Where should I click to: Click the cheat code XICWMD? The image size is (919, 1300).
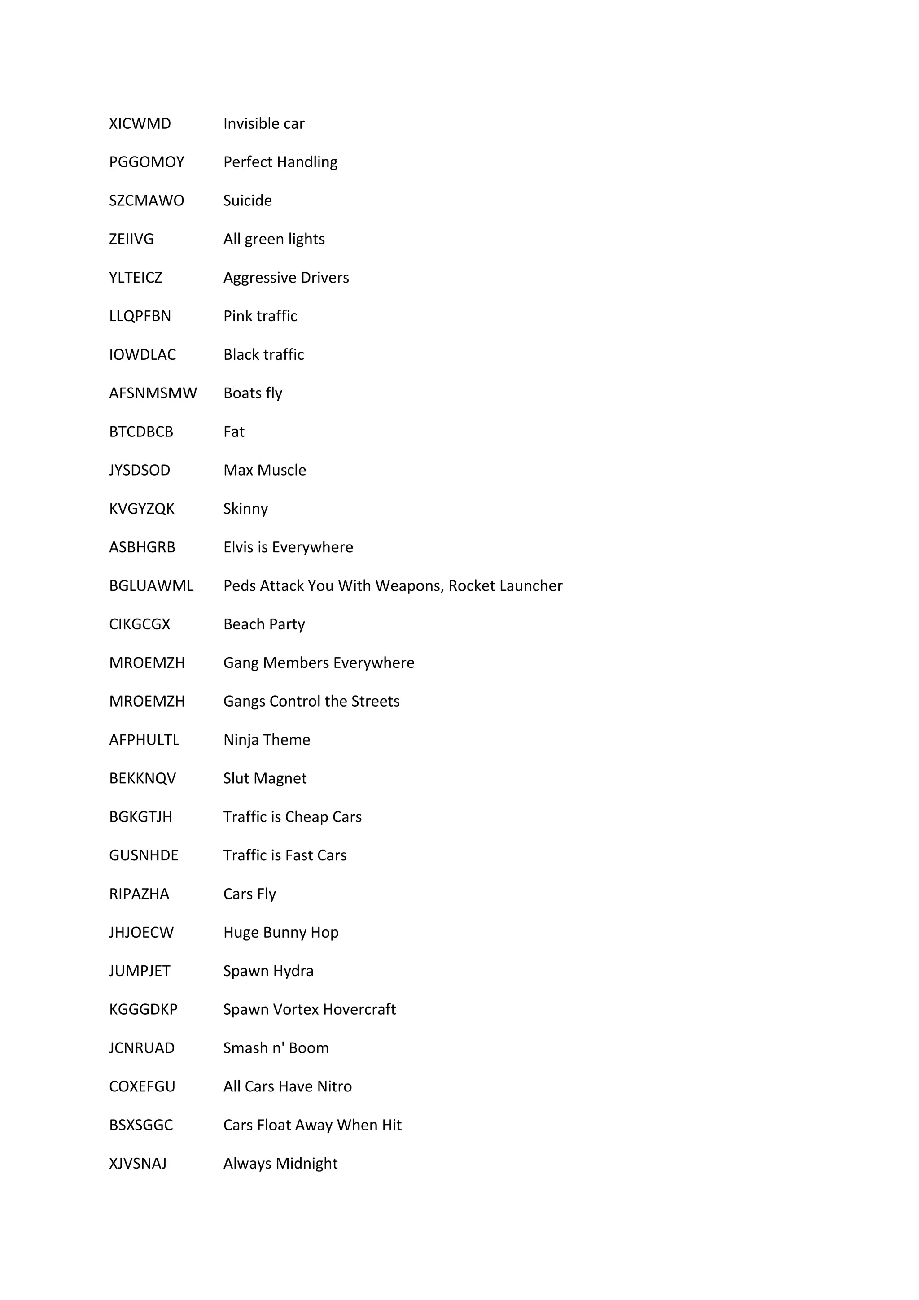click(x=140, y=123)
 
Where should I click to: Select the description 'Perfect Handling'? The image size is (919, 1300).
click(x=280, y=162)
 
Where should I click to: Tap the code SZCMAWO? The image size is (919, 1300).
click(x=146, y=201)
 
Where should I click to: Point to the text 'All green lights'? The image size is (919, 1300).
click(x=274, y=239)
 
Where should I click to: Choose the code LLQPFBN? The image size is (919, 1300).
click(x=140, y=316)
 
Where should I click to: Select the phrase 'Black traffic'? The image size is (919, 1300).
click(x=264, y=354)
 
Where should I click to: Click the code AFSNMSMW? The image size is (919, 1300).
click(x=153, y=393)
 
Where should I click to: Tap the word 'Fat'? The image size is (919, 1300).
click(x=234, y=432)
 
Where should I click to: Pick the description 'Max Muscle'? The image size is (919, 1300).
click(x=264, y=470)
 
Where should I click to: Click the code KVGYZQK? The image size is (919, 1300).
click(x=141, y=508)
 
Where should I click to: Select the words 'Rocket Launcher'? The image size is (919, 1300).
click(x=505, y=585)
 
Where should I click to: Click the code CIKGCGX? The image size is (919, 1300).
click(x=139, y=624)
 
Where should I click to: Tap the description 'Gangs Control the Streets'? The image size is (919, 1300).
click(x=311, y=701)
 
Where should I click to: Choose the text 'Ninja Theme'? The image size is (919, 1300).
click(x=267, y=739)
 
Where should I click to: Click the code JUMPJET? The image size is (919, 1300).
click(x=139, y=970)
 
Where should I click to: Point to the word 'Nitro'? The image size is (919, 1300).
click(x=334, y=1086)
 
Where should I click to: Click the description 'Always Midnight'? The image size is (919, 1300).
click(x=280, y=1163)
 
